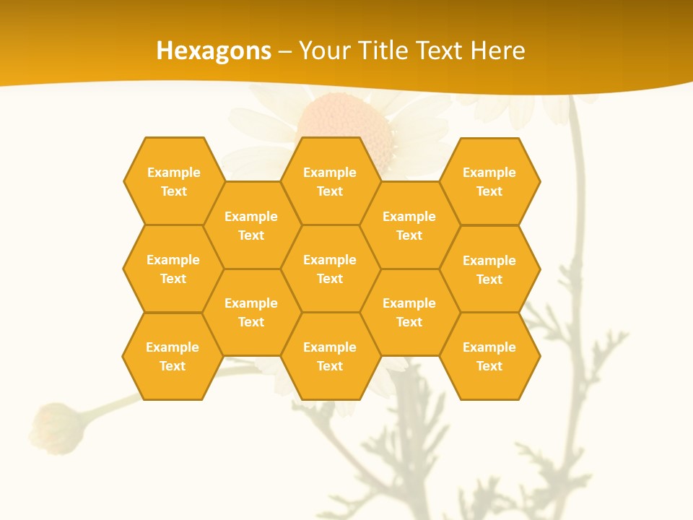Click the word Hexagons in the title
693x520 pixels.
pos(214,51)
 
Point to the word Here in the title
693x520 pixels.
pos(497,51)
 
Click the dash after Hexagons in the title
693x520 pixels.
pos(285,51)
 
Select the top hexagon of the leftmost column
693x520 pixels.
pos(173,181)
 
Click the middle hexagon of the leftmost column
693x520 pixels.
pos(173,269)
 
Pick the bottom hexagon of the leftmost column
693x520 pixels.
pos(173,356)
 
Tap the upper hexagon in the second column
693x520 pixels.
pos(251,225)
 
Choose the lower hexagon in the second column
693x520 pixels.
pos(251,312)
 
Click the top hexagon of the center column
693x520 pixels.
pos(330,181)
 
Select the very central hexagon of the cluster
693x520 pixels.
pos(330,269)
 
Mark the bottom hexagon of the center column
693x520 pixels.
pos(330,356)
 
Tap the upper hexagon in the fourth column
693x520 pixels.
pos(409,225)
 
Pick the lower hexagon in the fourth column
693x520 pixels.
pos(409,312)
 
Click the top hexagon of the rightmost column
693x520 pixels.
pos(489,181)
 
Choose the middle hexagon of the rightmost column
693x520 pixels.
pos(489,269)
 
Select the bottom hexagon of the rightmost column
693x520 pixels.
pos(489,356)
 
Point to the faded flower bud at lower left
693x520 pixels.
pos(55,429)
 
